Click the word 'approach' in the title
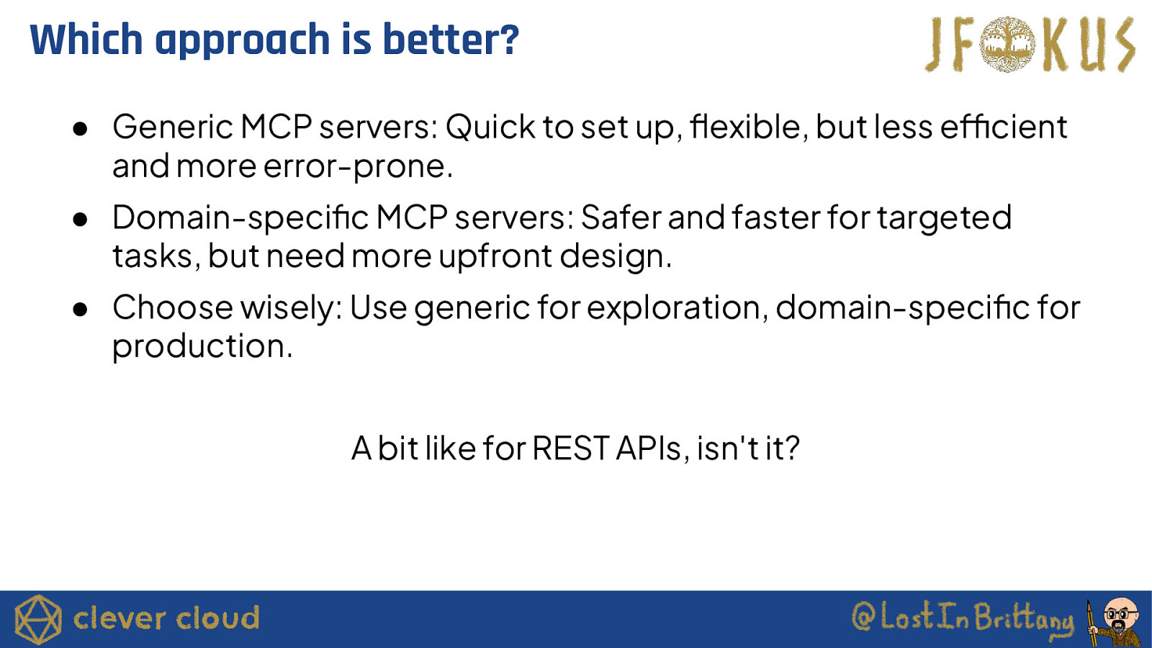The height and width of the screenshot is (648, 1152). point(242,40)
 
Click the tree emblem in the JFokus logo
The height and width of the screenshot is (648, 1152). point(1007,44)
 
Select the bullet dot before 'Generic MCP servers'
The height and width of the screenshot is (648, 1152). point(80,129)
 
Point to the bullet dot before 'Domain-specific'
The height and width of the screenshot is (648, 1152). point(80,220)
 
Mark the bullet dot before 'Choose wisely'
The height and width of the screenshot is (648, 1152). point(80,310)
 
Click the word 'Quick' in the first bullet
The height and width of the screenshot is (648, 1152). point(490,127)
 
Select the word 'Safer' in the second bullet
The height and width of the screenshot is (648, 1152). point(621,217)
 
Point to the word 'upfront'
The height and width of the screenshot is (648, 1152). point(495,256)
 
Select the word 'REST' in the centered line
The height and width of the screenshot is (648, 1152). point(571,449)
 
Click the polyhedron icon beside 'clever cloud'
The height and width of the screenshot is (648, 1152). point(38,619)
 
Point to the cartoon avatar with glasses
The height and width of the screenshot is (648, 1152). point(1116,622)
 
